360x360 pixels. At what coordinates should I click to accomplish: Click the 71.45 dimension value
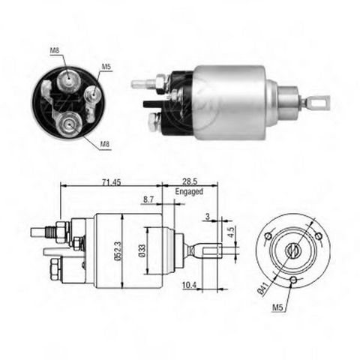tap(112, 182)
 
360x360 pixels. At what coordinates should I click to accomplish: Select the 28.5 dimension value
tap(190, 181)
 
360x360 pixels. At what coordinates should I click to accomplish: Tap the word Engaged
tap(189, 192)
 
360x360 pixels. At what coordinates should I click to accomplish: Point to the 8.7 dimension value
tap(148, 199)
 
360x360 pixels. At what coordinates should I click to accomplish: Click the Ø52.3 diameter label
tap(118, 250)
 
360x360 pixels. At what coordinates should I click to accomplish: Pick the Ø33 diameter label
tap(142, 250)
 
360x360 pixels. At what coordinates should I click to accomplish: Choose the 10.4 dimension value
tap(189, 285)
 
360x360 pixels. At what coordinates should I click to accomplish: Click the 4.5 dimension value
tap(231, 232)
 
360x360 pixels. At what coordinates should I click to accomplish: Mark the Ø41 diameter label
tap(262, 288)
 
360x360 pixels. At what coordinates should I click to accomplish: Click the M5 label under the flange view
tap(277, 307)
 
